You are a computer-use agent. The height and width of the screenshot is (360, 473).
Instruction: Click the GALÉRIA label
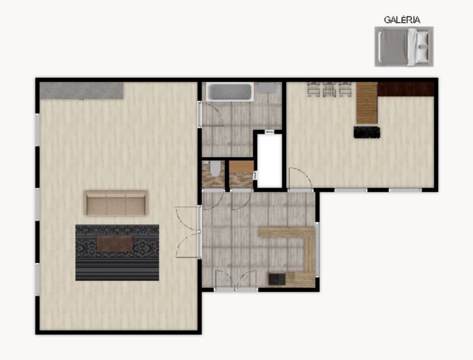click(x=402, y=20)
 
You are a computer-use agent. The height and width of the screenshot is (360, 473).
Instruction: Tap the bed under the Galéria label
click(x=404, y=47)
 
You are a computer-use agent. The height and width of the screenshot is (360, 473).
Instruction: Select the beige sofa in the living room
click(x=116, y=203)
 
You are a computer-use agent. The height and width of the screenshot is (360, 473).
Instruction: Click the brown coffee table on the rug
click(x=114, y=243)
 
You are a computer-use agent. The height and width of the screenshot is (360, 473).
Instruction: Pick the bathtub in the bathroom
click(x=230, y=92)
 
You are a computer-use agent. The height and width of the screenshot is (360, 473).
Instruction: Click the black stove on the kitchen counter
click(x=277, y=279)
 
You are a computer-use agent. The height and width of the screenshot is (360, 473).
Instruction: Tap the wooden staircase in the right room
click(x=367, y=103)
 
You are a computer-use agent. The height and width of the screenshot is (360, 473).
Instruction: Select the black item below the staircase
click(x=367, y=133)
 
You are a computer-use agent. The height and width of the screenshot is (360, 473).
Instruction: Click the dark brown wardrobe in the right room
click(x=406, y=89)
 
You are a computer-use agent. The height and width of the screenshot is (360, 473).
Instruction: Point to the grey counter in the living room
click(x=81, y=90)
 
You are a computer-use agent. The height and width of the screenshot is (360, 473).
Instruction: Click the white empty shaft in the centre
click(x=269, y=161)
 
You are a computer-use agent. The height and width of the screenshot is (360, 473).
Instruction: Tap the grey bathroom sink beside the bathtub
click(x=266, y=88)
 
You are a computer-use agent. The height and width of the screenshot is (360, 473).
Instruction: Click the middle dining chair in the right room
click(x=329, y=89)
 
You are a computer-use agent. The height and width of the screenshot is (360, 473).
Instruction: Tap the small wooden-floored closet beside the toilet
click(x=241, y=174)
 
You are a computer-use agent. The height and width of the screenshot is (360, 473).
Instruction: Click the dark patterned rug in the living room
click(x=117, y=253)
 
